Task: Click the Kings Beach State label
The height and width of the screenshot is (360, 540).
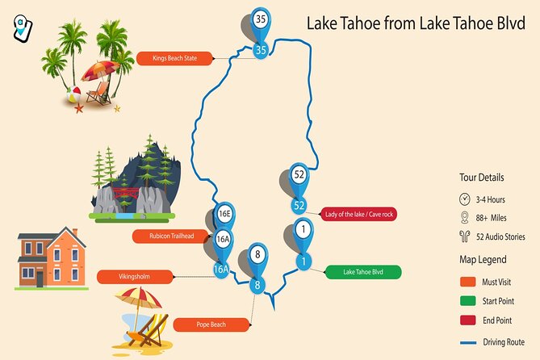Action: tap(174, 57)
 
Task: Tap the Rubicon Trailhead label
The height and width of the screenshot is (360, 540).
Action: tap(170, 237)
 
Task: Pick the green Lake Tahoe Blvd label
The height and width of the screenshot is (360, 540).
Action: tap(363, 272)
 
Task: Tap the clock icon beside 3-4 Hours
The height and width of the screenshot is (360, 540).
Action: tap(464, 199)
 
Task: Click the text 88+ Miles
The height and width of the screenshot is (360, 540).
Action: tap(492, 218)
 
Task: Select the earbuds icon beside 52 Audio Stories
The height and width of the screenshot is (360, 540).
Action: tap(464, 237)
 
